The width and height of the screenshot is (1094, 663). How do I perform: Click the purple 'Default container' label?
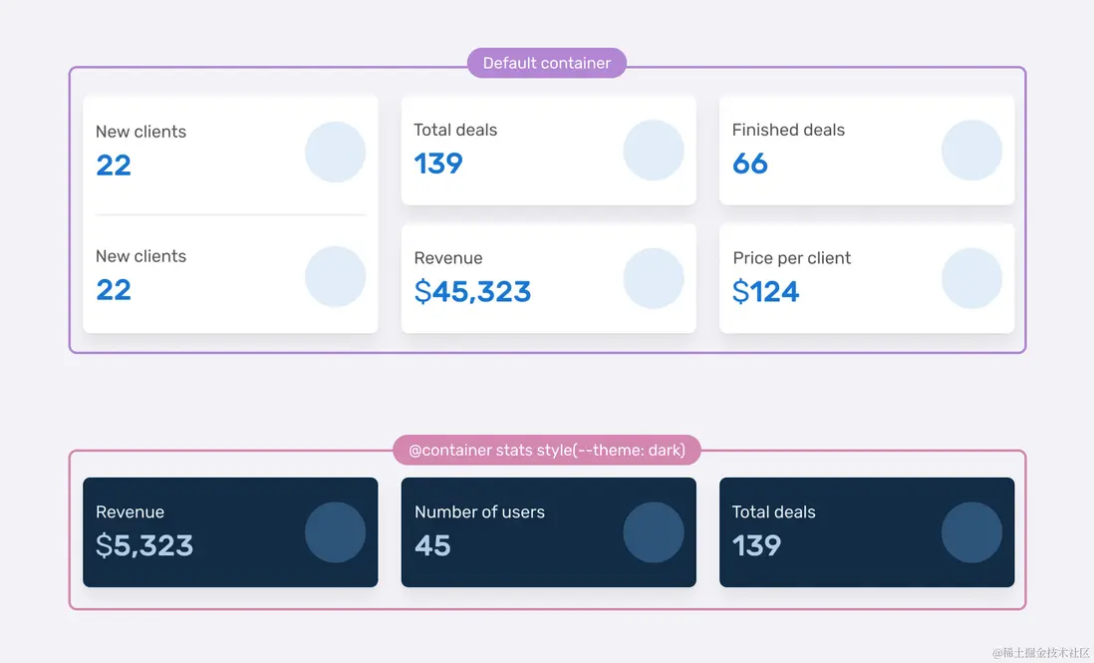(546, 63)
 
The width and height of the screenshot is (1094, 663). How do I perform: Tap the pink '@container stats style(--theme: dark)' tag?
(546, 451)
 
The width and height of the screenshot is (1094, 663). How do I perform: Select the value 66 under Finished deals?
(749, 164)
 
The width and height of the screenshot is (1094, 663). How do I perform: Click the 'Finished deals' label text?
(788, 130)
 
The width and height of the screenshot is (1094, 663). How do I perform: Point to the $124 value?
(765, 292)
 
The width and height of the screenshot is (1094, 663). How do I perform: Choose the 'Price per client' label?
(791, 258)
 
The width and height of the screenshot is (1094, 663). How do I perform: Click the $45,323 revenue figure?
(472, 292)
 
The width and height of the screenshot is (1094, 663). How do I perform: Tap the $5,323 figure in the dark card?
(144, 545)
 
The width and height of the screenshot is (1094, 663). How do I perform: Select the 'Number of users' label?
(479, 512)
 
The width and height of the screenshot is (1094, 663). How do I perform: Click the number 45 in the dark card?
(432, 545)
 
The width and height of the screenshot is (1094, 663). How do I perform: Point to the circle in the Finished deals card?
(971, 151)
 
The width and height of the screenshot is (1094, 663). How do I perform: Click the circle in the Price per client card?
(971, 278)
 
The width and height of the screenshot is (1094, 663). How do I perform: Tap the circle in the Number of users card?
(654, 532)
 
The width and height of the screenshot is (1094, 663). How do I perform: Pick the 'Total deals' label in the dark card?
(773, 512)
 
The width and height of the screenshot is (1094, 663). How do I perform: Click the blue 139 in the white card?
(438, 164)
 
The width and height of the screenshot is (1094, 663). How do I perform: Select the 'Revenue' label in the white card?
(447, 258)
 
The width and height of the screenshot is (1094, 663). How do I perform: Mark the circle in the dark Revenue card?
(335, 532)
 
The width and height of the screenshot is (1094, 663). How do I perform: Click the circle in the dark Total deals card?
(971, 532)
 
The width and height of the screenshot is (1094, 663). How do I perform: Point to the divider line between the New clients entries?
(230, 214)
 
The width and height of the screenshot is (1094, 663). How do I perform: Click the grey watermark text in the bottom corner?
(1040, 652)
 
